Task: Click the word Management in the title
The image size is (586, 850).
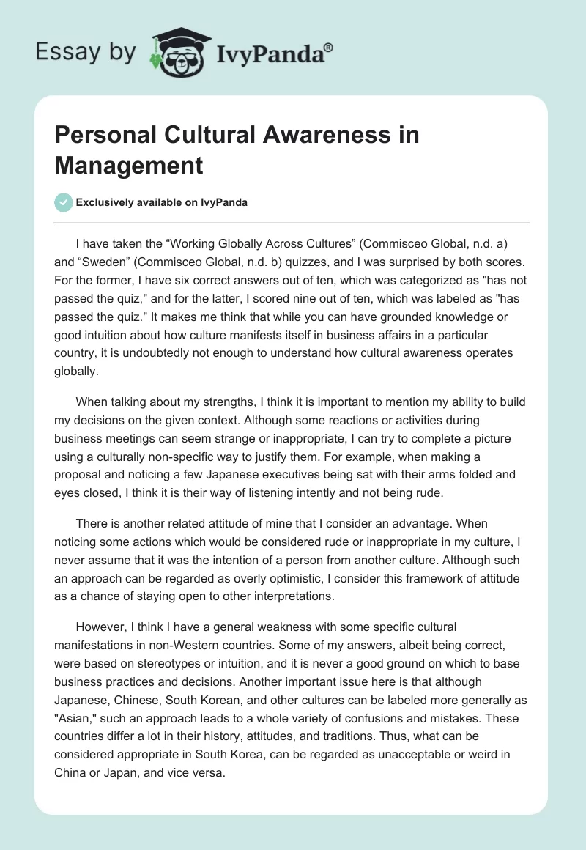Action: [x=129, y=165]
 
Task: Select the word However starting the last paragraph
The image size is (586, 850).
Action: [x=99, y=627]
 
